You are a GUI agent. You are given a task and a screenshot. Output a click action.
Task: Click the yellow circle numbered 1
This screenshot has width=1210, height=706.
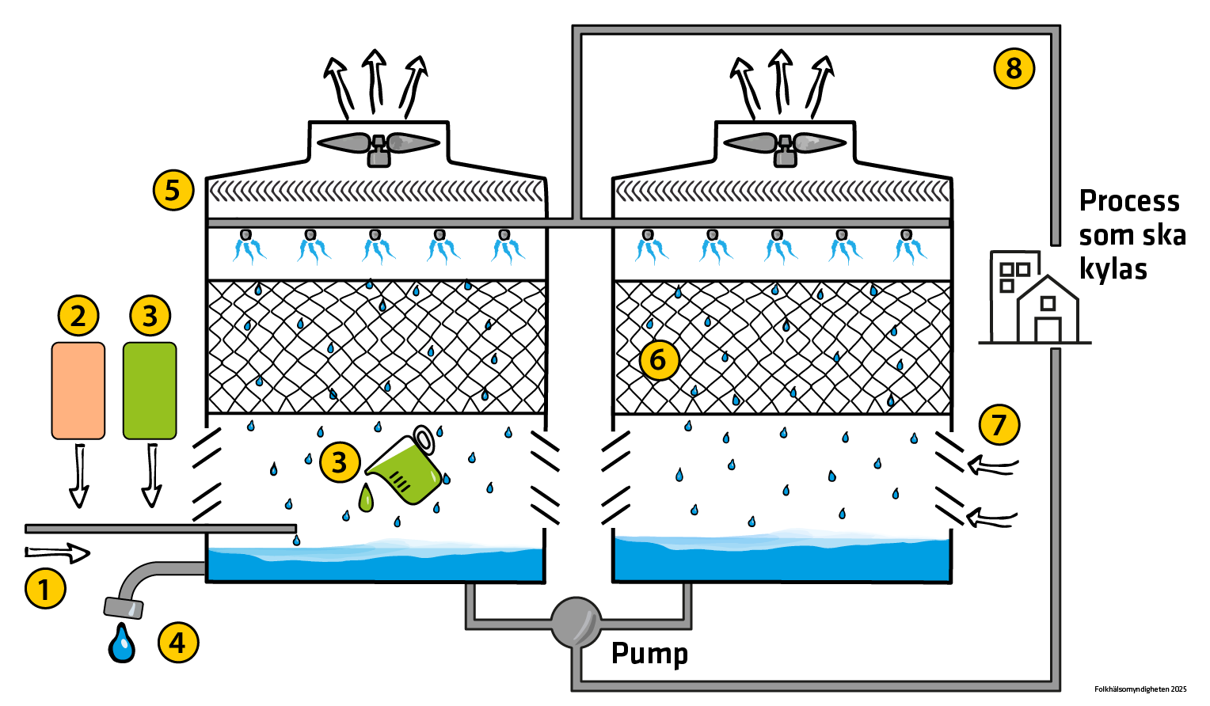tap(44, 589)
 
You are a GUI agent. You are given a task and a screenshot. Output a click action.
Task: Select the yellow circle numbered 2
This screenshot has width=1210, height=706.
tap(78, 316)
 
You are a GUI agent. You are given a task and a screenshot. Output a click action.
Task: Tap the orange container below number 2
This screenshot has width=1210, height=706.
tap(78, 390)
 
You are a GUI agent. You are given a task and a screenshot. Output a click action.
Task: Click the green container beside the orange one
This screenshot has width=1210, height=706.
tap(150, 390)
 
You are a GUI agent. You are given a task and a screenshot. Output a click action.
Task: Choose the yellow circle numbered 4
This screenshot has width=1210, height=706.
tap(178, 642)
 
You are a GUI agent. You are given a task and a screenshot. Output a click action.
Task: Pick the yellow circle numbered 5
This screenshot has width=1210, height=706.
tap(173, 190)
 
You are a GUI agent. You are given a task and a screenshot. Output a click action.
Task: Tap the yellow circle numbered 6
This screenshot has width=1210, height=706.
tap(659, 360)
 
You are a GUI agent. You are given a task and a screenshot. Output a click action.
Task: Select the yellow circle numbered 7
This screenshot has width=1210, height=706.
tap(999, 424)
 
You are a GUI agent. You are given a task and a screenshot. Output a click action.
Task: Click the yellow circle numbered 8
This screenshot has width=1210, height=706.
tap(1014, 68)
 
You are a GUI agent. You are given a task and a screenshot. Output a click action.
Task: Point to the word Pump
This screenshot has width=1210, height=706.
tap(649, 654)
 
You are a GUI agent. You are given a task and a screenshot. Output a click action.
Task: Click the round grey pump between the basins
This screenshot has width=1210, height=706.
tap(576, 621)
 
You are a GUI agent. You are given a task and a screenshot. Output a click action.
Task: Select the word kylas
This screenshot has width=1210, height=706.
tap(1113, 269)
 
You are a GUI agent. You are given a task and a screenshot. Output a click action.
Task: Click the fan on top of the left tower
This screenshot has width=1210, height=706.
tap(379, 145)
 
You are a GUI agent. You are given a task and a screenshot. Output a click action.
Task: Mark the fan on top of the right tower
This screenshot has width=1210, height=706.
tap(785, 145)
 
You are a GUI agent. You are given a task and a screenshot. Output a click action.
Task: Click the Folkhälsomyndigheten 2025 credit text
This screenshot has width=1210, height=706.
tap(1140, 689)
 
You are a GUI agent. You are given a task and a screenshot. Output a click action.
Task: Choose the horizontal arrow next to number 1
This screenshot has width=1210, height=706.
tap(58, 552)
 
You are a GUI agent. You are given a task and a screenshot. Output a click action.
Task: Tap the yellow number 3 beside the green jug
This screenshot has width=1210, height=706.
tap(340, 462)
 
